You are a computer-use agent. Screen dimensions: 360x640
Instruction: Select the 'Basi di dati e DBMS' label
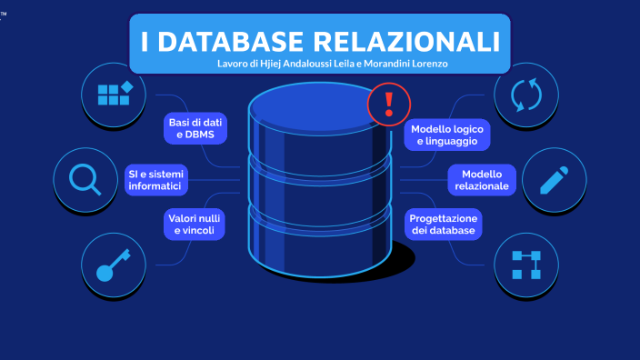point(195,129)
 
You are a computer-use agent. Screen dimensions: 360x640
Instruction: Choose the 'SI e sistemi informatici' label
point(155,179)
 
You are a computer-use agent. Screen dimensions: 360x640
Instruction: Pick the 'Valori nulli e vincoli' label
point(195,225)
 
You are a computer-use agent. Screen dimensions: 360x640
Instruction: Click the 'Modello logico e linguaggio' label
point(447,135)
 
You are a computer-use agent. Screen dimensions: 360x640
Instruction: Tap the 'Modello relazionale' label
point(482,180)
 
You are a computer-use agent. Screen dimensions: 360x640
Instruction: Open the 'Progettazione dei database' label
point(443,225)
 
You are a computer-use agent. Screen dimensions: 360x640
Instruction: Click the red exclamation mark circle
point(389,103)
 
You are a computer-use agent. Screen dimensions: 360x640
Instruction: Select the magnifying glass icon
point(85,178)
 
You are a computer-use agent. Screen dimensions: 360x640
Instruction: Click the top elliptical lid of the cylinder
point(320,107)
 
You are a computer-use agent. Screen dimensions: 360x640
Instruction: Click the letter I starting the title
point(146,42)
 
